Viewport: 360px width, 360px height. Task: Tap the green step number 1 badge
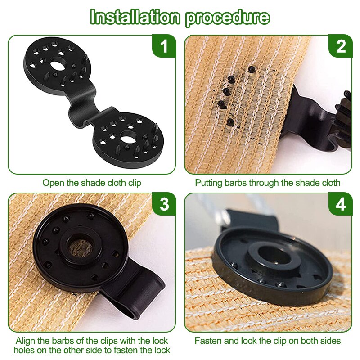(164, 46)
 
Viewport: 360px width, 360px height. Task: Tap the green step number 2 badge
(341, 46)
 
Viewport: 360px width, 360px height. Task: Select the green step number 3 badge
(164, 204)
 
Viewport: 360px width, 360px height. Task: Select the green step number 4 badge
(341, 204)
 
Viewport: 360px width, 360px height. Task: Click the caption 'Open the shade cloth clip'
(92, 183)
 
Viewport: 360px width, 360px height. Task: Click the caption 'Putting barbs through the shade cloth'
(268, 183)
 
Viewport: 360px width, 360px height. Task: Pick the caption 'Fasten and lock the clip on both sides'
(268, 341)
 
